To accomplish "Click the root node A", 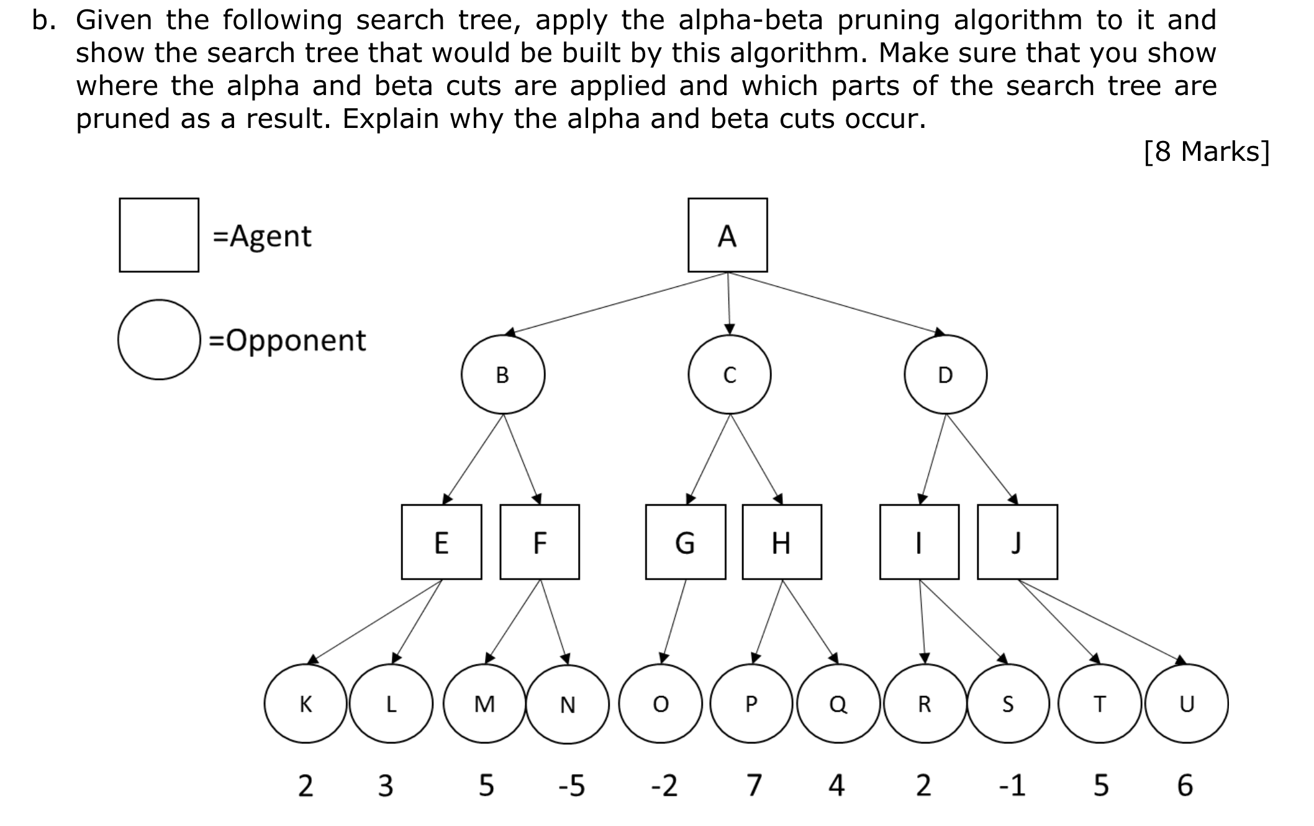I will pos(727,235).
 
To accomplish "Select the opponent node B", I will pos(503,374).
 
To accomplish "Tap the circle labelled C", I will pos(730,374).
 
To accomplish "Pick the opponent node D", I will pos(945,374).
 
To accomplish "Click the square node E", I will pos(442,542).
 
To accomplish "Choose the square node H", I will pos(782,542).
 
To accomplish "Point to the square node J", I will pos(1017,542).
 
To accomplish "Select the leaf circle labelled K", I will pos(306,704).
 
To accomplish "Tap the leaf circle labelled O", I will pos(661,704).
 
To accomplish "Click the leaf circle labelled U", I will pos(1187,704).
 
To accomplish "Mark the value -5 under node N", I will pos(571,786).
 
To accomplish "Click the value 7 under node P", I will pos(753,786).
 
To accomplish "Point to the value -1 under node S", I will pos(1012,786).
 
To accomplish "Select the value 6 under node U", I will pos(1185,786).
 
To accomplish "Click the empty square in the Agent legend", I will pos(159,235).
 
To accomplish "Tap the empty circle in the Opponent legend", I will pos(159,340).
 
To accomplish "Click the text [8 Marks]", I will pos(1206,152).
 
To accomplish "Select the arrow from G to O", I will pos(674,621).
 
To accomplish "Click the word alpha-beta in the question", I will pos(750,20).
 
